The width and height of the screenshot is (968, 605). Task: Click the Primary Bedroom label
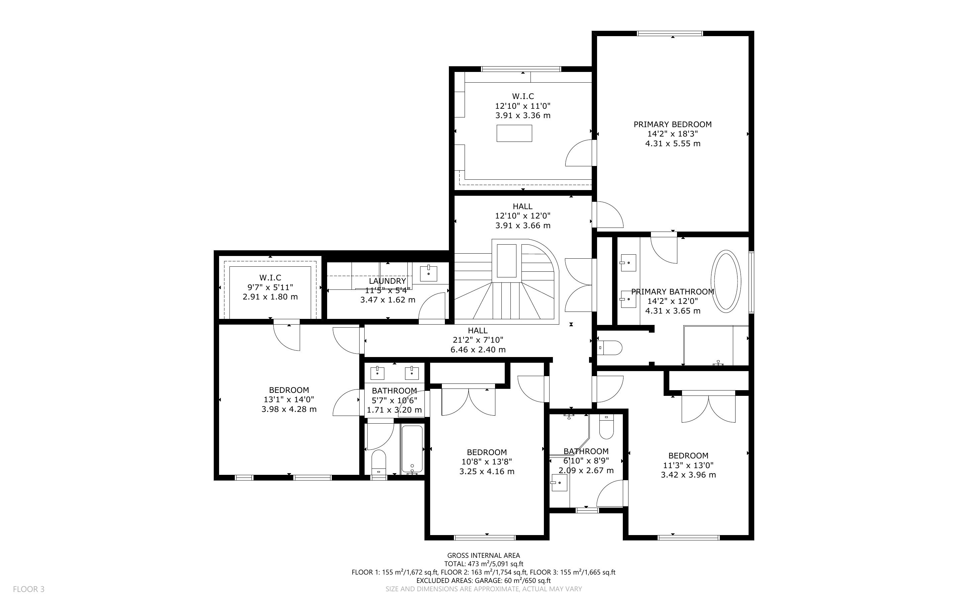pyautogui.click(x=673, y=124)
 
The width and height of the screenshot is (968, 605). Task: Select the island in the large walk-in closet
pyautogui.click(x=514, y=133)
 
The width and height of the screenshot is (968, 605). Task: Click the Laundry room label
pyautogui.click(x=387, y=281)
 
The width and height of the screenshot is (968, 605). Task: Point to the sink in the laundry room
pyautogui.click(x=428, y=273)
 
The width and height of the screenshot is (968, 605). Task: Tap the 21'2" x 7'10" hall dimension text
pyautogui.click(x=478, y=340)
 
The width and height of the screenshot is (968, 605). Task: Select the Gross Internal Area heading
pyautogui.click(x=483, y=555)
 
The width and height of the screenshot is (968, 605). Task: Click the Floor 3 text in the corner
pyautogui.click(x=29, y=589)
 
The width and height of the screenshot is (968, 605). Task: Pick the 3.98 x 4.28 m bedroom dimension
pyautogui.click(x=289, y=409)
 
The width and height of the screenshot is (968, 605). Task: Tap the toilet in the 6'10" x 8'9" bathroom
pyautogui.click(x=606, y=427)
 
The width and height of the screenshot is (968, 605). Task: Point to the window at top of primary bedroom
pyautogui.click(x=670, y=33)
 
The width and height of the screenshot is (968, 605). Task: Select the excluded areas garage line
pyautogui.click(x=483, y=581)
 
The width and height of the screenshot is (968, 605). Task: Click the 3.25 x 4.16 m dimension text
pyautogui.click(x=487, y=471)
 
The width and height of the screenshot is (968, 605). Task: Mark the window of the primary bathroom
pyautogui.click(x=751, y=282)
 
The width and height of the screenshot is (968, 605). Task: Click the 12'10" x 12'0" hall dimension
pyautogui.click(x=522, y=216)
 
